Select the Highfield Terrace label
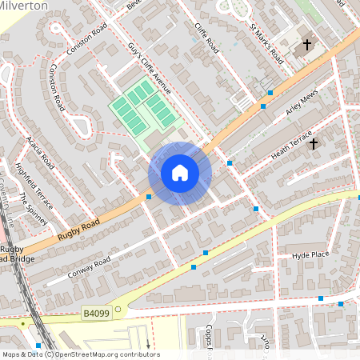(31, 183)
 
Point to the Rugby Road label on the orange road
(78, 230)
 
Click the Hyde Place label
(310, 254)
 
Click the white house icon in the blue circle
(180, 173)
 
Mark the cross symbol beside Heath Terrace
(314, 144)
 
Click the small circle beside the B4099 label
(117, 308)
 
